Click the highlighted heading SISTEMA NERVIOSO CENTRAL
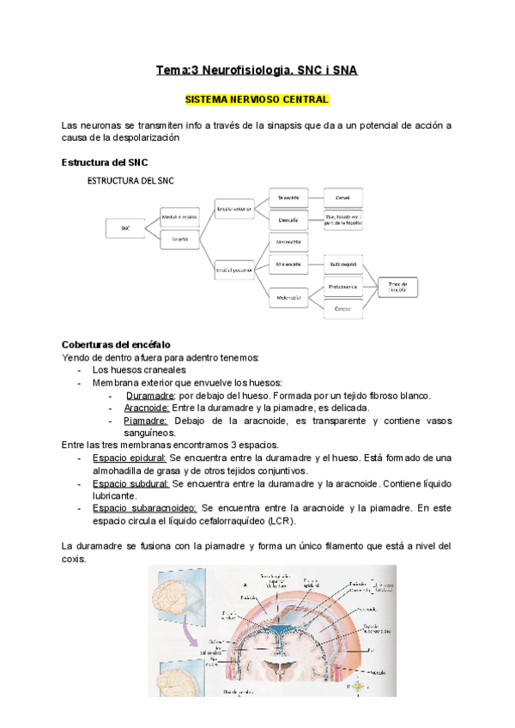point(257,100)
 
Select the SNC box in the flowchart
point(125,228)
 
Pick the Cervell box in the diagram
point(342,197)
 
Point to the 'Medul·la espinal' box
point(180,218)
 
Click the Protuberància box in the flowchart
point(342,285)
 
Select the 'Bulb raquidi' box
point(342,264)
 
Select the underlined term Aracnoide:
point(146,408)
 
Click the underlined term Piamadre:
point(145,421)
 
